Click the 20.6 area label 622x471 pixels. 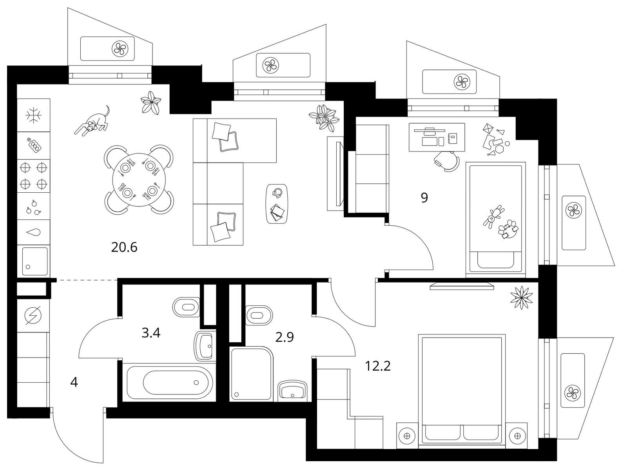124,247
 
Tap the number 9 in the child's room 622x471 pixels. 424,198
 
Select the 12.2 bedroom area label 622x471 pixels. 378,366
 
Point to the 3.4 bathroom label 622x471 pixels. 151,333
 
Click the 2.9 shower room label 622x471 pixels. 285,338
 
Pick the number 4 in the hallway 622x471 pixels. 74,382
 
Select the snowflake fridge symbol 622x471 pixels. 34,115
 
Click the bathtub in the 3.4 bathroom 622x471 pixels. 170,382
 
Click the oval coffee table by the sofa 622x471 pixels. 277,204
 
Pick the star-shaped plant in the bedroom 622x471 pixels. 521,298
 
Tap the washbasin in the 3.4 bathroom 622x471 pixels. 203,346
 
